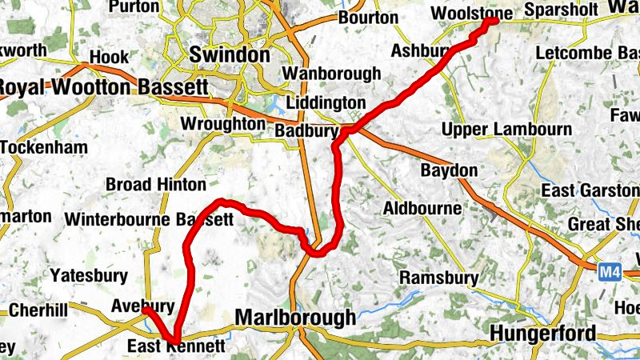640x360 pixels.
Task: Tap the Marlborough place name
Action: click(x=295, y=318)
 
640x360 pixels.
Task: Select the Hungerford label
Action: click(x=543, y=333)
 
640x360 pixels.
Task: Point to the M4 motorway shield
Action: click(x=610, y=274)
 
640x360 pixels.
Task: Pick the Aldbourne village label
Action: click(x=422, y=208)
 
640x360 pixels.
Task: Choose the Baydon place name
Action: click(x=449, y=170)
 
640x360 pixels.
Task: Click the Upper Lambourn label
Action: click(x=506, y=129)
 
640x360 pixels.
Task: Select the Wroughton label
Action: click(x=223, y=124)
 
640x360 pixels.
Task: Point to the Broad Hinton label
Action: click(x=156, y=184)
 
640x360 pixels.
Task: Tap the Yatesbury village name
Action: click(x=89, y=276)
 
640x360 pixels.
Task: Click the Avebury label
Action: click(x=143, y=306)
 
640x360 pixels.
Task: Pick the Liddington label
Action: click(x=325, y=104)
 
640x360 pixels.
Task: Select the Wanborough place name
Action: click(x=332, y=74)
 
